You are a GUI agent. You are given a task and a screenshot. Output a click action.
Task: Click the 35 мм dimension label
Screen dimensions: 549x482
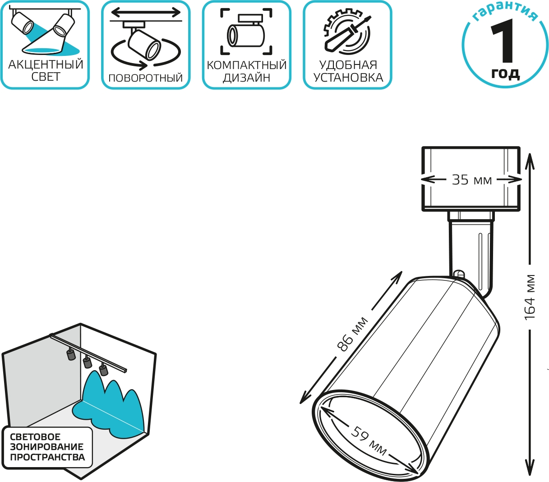[x=472, y=180]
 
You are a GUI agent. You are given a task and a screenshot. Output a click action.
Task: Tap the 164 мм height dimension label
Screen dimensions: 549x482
[x=530, y=298]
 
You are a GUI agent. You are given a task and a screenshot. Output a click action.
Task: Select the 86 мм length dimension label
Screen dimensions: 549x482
[x=352, y=334]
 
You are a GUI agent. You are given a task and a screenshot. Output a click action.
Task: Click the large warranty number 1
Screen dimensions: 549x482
[x=503, y=41]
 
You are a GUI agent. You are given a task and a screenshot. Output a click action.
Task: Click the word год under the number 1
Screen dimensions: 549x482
[x=505, y=73]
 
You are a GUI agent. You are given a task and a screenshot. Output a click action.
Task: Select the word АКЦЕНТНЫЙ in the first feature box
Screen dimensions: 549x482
[x=46, y=65]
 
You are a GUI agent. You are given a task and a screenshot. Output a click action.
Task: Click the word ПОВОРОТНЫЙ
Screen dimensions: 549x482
[x=146, y=78]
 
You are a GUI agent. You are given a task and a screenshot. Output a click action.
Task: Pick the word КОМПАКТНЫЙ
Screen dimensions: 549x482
[x=247, y=65]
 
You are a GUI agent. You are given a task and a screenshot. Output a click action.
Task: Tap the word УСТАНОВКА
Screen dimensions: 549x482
[x=348, y=78]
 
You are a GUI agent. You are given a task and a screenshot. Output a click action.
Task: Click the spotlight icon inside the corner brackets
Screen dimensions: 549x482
[x=246, y=31]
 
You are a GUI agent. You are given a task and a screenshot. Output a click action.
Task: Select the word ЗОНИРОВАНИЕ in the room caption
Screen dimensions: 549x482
[x=46, y=446]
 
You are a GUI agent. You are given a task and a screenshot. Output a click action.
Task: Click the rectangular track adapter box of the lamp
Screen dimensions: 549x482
[x=471, y=179]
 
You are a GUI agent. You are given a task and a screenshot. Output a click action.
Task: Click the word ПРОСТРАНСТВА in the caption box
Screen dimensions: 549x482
[x=47, y=457]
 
